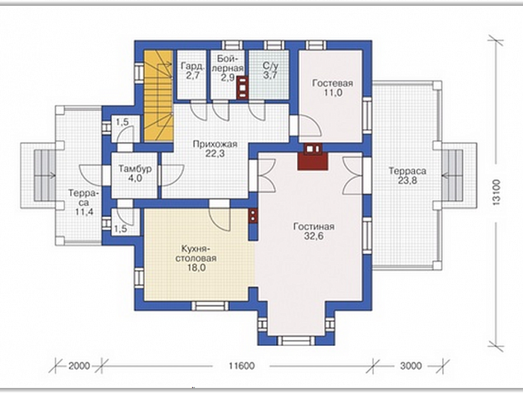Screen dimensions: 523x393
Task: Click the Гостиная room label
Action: coord(313,227)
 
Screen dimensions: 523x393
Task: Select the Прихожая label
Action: coord(215,144)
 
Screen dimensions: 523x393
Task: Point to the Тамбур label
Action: coord(134,168)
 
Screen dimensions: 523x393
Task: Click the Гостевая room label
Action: coord(332,83)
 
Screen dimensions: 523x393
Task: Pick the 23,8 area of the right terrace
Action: coord(408,181)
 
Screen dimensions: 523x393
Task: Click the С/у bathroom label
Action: coord(271,66)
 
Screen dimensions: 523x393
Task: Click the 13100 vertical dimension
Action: coord(496,192)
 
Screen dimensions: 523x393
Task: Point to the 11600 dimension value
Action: coord(242,366)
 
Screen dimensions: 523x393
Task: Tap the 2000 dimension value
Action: coord(79,366)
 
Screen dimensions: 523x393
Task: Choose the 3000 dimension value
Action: coord(411,366)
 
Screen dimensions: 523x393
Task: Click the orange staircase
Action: coord(158,96)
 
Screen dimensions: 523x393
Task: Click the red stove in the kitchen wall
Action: coord(253,215)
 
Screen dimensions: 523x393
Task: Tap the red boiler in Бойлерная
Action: coord(243,88)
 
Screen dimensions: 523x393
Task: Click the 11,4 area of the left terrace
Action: coord(84,211)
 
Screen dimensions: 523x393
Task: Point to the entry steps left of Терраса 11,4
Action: coord(45,175)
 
